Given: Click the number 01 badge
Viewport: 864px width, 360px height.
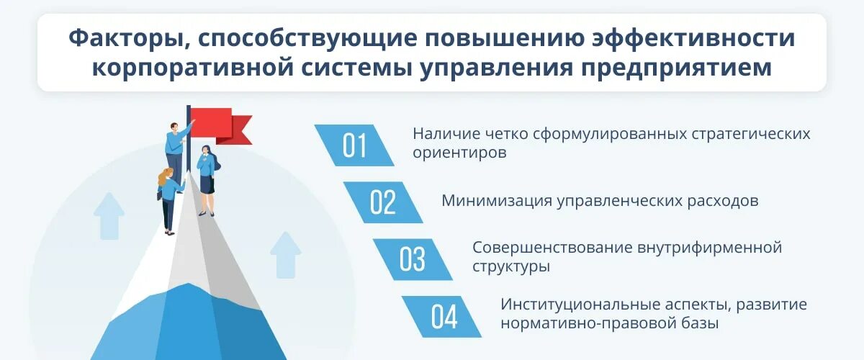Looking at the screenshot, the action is click(354, 145).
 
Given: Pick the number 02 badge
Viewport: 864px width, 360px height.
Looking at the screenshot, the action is click(383, 202).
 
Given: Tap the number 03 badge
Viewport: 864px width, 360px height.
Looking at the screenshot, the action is click(413, 259).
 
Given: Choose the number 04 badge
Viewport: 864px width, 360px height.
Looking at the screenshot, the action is click(442, 316).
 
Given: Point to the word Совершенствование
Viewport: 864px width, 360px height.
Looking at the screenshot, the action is click(552, 248).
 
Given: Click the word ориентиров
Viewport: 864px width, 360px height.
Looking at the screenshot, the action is click(459, 153).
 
